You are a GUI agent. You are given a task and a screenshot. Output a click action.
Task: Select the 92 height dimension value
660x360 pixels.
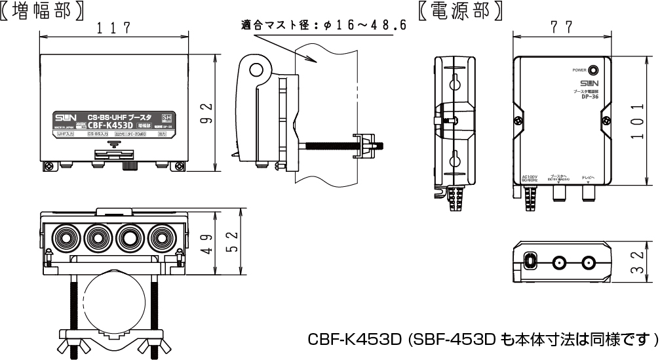click(205, 113)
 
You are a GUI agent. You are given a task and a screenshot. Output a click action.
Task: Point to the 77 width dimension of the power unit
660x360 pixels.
click(562, 27)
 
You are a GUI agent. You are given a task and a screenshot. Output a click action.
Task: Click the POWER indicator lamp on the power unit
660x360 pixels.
click(593, 70)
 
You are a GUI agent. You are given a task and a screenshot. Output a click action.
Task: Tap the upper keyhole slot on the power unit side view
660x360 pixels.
click(454, 82)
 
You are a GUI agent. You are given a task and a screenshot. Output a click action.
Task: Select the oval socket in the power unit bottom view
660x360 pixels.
click(530, 262)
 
